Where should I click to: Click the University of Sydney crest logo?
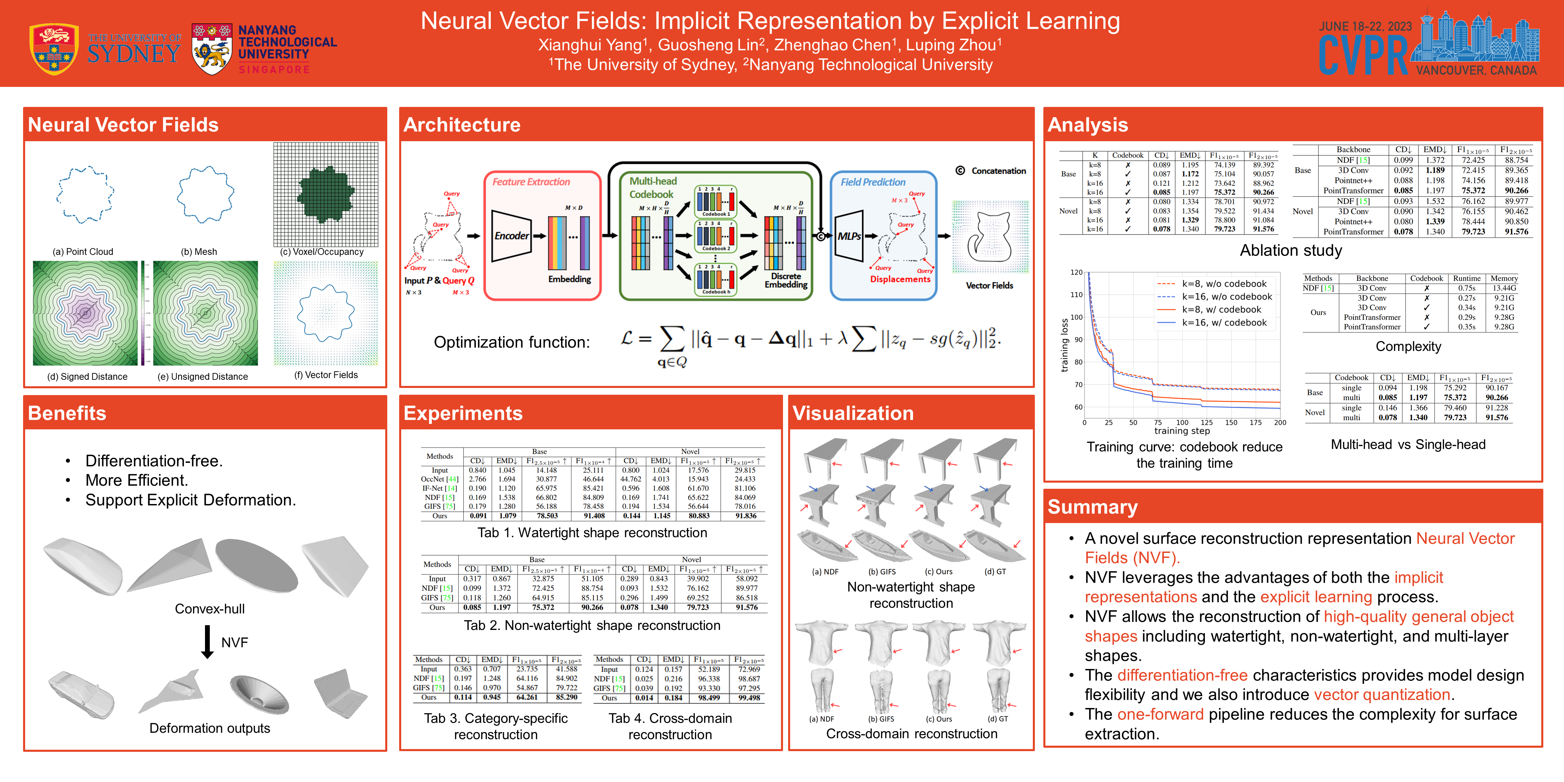click(x=54, y=49)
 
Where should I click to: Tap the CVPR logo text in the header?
click(x=1363, y=56)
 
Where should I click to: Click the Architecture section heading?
click(x=462, y=125)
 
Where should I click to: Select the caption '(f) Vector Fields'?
click(x=326, y=375)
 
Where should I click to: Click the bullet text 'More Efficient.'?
click(x=136, y=480)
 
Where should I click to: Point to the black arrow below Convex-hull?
click(x=207, y=642)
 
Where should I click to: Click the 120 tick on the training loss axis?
click(x=1076, y=273)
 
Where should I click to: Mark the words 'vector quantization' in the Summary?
click(x=1382, y=695)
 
